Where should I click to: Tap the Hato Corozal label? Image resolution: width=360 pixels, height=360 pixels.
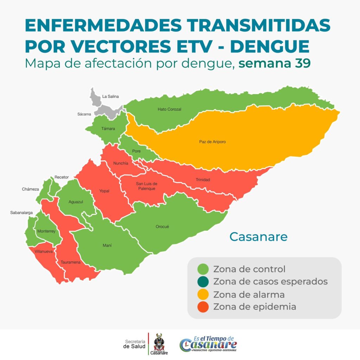[x=169, y=109]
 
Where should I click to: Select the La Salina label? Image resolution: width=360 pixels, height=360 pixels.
[x=110, y=96]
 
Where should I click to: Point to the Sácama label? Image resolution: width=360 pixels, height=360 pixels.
[x=84, y=114]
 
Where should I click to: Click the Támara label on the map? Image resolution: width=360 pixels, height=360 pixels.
[x=108, y=129]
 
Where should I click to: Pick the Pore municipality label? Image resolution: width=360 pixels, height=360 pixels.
[x=136, y=151]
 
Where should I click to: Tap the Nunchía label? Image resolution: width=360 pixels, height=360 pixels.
[x=121, y=163]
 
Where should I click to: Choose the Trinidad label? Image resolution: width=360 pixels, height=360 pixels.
[x=202, y=180]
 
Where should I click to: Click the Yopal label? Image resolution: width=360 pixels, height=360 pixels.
[x=104, y=191]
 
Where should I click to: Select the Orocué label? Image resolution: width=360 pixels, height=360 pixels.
[x=162, y=227]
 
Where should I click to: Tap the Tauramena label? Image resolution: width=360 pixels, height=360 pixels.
[x=70, y=262]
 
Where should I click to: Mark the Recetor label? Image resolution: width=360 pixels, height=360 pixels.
[x=62, y=177]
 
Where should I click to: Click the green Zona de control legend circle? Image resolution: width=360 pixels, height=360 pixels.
[x=203, y=270]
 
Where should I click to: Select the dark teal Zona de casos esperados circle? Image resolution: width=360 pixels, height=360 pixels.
[x=203, y=282]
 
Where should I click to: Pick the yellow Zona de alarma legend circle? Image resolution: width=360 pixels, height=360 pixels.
[x=203, y=294]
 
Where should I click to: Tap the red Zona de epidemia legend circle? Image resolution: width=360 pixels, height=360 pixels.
[x=203, y=307]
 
